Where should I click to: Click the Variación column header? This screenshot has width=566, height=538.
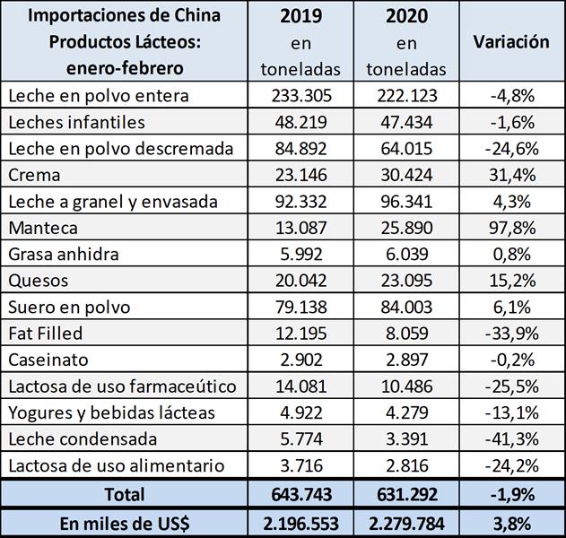point(510,41)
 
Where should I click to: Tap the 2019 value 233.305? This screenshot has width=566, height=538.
point(301,95)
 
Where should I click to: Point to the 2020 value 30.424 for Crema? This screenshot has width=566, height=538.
point(407,175)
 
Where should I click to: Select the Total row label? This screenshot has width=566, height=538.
point(125,493)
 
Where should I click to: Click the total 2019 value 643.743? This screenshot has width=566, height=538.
point(301,493)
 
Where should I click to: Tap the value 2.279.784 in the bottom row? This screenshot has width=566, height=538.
point(407,522)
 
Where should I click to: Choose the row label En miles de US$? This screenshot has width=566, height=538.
point(125,522)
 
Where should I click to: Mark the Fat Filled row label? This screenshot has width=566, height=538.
point(45,334)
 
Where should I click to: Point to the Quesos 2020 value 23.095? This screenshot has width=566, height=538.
point(407,281)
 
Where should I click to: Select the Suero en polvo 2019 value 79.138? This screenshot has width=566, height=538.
point(301,308)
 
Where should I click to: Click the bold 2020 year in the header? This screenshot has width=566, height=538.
point(407,16)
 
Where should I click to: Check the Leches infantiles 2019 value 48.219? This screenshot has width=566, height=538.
point(301,121)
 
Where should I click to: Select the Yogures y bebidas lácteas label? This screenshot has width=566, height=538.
point(111,412)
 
